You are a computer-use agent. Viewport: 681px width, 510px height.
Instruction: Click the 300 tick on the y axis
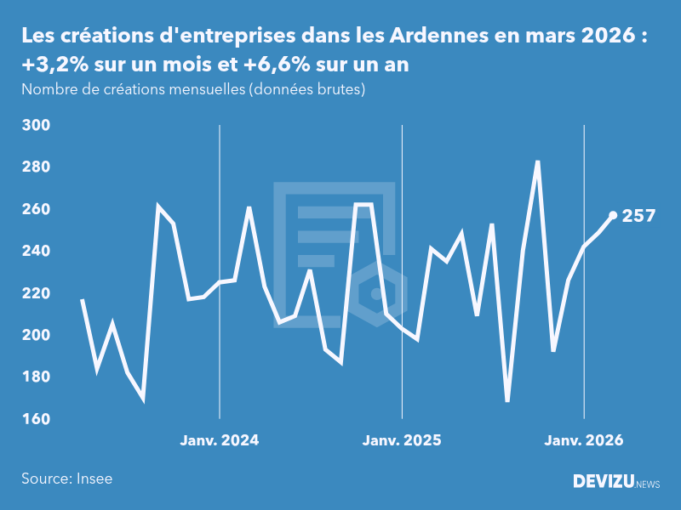[36, 125]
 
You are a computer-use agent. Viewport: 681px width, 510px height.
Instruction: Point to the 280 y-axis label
[36, 167]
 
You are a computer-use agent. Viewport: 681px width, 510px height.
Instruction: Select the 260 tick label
[36, 209]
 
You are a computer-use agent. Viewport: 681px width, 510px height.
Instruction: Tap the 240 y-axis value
[36, 251]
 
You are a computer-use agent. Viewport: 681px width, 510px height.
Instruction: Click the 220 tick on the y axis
[36, 293]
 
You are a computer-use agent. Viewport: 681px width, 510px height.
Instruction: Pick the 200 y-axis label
[36, 335]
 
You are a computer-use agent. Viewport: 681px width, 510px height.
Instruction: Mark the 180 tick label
[36, 377]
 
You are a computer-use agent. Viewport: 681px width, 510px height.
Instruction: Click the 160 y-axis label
[36, 419]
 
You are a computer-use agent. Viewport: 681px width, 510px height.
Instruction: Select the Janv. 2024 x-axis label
[220, 440]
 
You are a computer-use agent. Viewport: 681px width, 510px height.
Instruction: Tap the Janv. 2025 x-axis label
[402, 440]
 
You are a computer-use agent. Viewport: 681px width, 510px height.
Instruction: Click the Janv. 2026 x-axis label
[584, 440]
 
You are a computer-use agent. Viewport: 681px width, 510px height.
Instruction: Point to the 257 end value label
[638, 216]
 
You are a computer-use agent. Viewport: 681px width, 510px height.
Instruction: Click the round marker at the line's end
[613, 215]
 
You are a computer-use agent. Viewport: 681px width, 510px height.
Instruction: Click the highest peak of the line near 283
[538, 161]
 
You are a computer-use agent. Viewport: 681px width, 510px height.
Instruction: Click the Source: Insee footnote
[67, 479]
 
